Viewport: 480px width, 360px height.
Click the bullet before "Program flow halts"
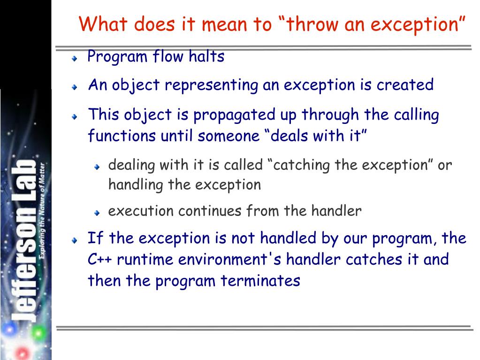click(75, 59)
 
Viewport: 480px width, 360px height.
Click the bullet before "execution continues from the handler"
click(97, 213)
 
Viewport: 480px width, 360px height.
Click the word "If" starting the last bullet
click(95, 238)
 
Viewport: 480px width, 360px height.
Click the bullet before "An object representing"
click(75, 88)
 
